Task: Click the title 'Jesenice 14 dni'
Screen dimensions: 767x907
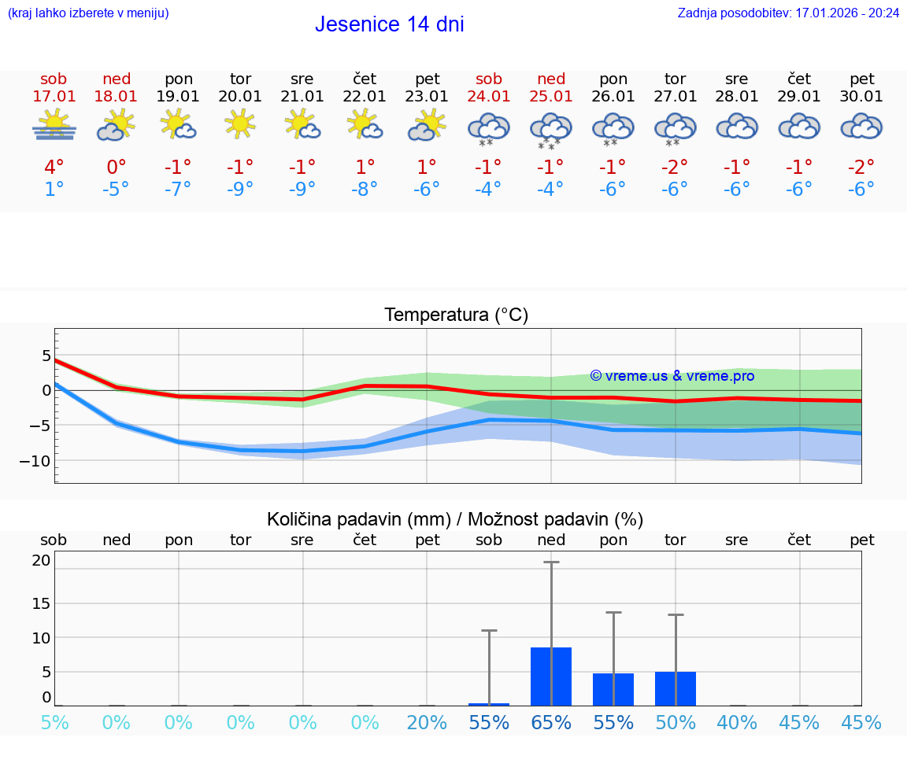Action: (x=389, y=24)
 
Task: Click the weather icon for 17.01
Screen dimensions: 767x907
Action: (x=54, y=125)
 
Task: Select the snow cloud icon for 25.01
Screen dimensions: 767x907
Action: (x=551, y=129)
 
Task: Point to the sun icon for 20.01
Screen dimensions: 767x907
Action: (x=240, y=124)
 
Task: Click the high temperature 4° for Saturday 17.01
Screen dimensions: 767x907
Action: (x=54, y=168)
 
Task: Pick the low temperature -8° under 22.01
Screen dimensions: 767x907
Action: (x=365, y=190)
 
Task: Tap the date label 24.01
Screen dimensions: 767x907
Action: (x=489, y=97)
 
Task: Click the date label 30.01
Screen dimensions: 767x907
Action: (x=862, y=97)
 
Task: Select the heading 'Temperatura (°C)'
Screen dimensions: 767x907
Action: (x=456, y=315)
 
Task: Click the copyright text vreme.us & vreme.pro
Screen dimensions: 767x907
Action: (x=672, y=376)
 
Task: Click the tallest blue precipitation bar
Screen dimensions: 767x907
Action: (x=551, y=677)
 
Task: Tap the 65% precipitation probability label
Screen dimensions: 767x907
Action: (x=551, y=722)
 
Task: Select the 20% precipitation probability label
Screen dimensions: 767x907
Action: (x=427, y=722)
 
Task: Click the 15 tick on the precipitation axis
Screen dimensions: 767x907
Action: (x=41, y=603)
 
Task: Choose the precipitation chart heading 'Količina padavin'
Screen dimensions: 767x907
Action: (x=358, y=519)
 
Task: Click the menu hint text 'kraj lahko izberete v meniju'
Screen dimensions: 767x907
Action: (x=88, y=13)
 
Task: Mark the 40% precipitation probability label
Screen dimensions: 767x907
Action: (x=737, y=722)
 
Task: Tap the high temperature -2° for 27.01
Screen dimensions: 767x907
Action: (x=675, y=168)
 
